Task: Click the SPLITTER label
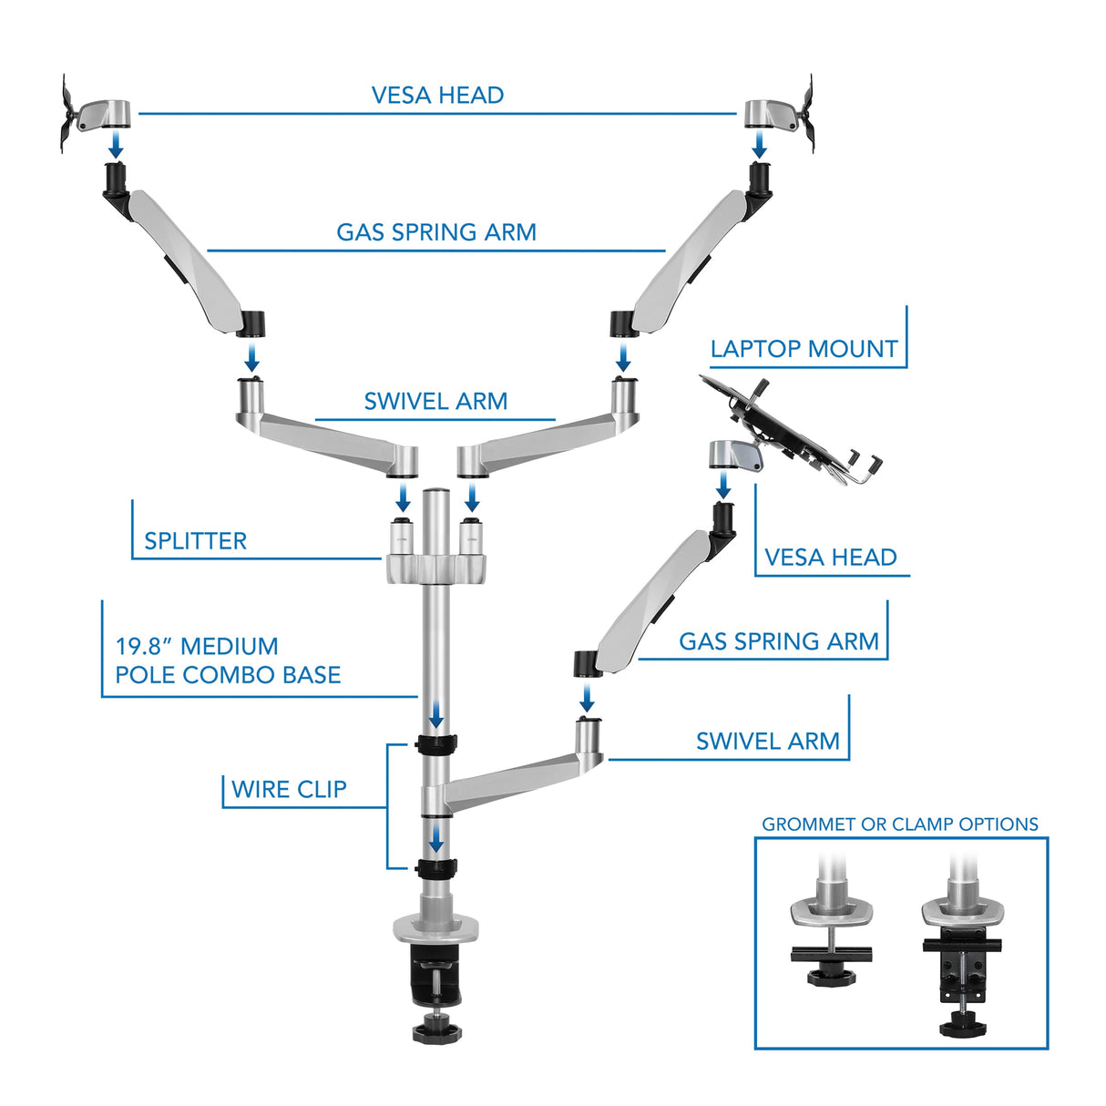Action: [195, 541]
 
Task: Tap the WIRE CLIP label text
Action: [289, 790]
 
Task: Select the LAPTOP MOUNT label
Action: [804, 349]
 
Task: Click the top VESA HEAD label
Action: [437, 96]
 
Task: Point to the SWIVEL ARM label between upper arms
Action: [435, 402]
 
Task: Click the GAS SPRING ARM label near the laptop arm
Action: [778, 641]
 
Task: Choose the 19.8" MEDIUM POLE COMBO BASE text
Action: [228, 661]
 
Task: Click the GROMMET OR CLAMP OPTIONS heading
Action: [899, 824]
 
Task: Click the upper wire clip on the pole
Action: [436, 743]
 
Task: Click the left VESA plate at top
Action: [69, 114]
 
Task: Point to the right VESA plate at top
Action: [806, 114]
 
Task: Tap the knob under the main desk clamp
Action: [436, 1030]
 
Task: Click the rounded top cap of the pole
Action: [436, 497]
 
